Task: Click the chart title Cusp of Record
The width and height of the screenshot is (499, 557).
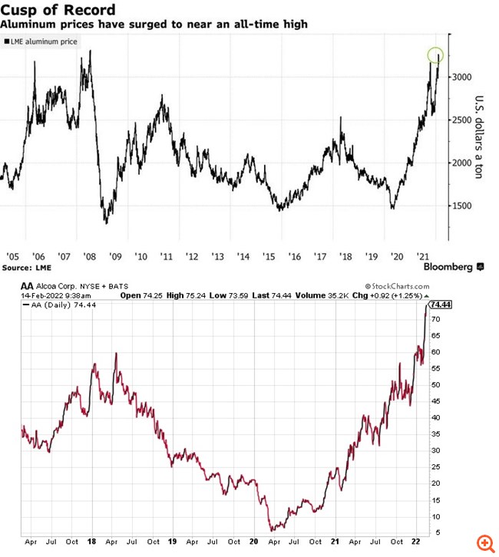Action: pos(59,10)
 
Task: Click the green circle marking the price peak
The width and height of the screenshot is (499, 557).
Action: pos(435,55)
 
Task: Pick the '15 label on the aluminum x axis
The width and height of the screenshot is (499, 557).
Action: pos(269,255)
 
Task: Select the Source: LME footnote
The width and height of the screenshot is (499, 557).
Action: pos(27,267)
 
